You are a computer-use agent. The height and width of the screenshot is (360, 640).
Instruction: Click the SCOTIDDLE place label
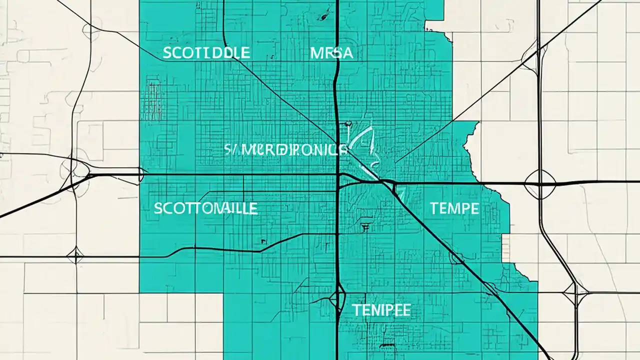pos(206,53)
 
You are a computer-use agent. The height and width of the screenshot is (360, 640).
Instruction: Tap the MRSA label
pos(331,53)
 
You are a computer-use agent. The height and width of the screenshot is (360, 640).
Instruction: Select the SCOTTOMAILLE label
pos(205,208)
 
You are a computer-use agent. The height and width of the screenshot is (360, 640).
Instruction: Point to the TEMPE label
pos(454,208)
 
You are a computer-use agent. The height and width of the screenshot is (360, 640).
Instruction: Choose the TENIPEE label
pos(381,310)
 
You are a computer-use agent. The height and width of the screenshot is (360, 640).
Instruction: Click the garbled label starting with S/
pos(285,149)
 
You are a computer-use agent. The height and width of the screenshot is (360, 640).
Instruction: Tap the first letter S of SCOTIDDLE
pos(167,53)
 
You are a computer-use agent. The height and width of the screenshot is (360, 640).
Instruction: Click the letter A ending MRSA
pos(347,53)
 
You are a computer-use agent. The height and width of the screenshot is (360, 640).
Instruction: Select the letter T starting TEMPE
pos(434,208)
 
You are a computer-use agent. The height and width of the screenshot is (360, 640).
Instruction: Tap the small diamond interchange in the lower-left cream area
pos(75,255)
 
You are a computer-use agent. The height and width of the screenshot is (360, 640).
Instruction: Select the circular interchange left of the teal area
pos(75,170)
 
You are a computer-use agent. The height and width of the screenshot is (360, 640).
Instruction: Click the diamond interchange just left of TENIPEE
pos(336,298)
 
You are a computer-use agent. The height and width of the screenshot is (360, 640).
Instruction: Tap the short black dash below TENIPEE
pos(386,345)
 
